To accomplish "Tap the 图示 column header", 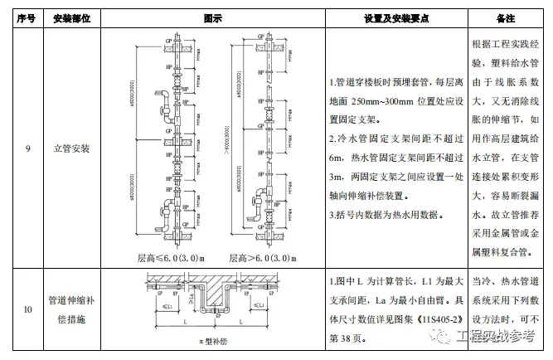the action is click(x=212, y=17).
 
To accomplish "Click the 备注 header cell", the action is click(x=506, y=17).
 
